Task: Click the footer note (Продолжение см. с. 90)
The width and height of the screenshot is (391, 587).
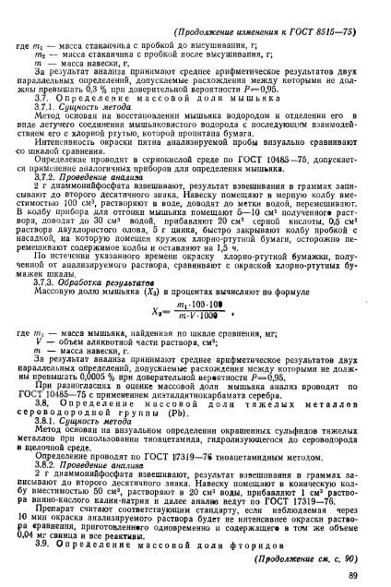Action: pyautogui.click(x=314, y=551)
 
